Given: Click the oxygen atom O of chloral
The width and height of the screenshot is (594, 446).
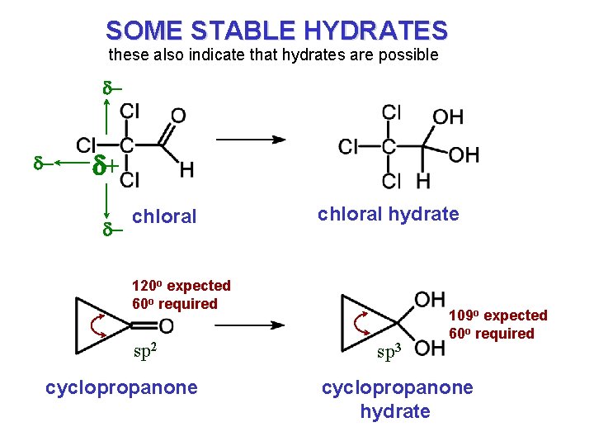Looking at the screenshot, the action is (x=177, y=115).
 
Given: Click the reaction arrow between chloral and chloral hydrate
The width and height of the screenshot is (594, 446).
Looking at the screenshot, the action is (x=252, y=140).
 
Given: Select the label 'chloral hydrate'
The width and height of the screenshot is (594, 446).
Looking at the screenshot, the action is (x=388, y=214).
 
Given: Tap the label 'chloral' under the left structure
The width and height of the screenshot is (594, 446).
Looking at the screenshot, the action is (x=164, y=216).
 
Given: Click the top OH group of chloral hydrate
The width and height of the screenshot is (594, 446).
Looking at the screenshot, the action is (x=447, y=116).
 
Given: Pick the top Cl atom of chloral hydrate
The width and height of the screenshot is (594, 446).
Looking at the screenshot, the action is (x=392, y=111).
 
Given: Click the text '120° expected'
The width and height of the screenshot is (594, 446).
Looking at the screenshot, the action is (x=181, y=286).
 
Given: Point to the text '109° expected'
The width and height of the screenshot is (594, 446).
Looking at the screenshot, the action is (x=497, y=316).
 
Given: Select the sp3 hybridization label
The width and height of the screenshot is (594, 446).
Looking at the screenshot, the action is (x=389, y=353).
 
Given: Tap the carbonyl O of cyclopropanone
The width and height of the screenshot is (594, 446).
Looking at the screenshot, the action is (x=166, y=325).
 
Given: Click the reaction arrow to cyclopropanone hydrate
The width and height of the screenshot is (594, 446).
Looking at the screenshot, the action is (x=251, y=325).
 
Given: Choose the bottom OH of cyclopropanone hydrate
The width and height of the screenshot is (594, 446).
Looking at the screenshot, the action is (x=430, y=349).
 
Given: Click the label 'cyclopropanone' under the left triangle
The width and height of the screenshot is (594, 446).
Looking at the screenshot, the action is (x=121, y=387).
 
